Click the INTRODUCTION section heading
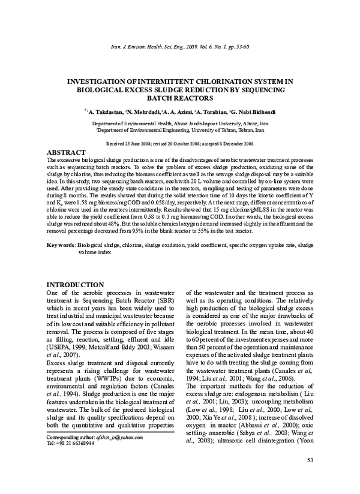click(x=75, y=284)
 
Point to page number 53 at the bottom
click(x=310, y=477)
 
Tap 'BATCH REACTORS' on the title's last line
click(x=180, y=97)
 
